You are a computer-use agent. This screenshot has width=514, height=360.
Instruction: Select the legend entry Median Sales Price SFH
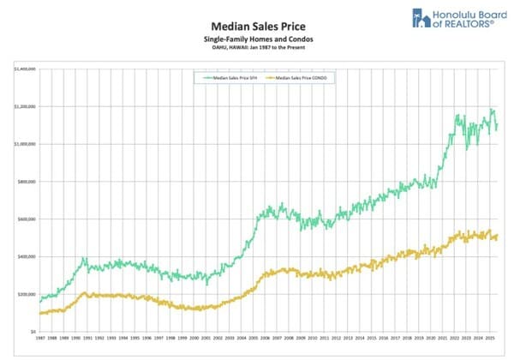click(x=230, y=77)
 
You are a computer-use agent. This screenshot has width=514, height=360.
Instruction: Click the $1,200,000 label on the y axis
click(x=24, y=106)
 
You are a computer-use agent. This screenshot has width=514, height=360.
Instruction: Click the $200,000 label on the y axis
click(x=26, y=294)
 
